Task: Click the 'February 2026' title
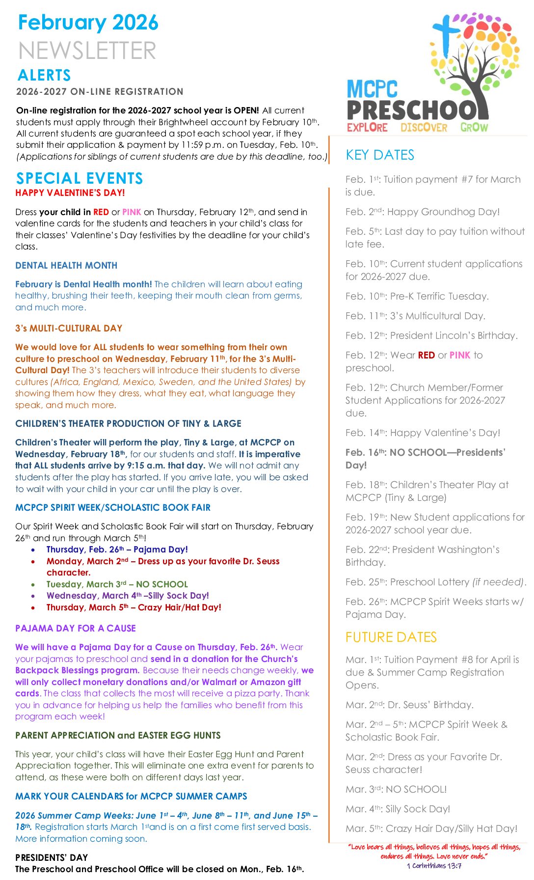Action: [88, 23]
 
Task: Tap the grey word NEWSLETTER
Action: [87, 51]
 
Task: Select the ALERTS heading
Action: [44, 75]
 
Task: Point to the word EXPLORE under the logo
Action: [367, 128]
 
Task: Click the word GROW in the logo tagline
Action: [474, 128]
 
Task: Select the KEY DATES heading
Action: [380, 155]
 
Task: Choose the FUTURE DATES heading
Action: [391, 637]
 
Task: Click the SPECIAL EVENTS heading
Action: [80, 178]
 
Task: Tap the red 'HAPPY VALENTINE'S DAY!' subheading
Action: [70, 192]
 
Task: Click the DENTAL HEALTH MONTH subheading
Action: [66, 266]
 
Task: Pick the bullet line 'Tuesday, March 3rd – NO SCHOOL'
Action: [117, 584]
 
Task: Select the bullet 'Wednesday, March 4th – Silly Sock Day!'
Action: [128, 596]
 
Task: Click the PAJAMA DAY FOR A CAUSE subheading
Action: [76, 629]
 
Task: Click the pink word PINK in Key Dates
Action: [460, 355]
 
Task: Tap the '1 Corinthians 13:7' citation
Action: [434, 866]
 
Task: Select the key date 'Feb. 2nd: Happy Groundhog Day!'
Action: [423, 212]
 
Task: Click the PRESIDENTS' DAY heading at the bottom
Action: [52, 857]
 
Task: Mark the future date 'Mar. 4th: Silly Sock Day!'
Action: [398, 809]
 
